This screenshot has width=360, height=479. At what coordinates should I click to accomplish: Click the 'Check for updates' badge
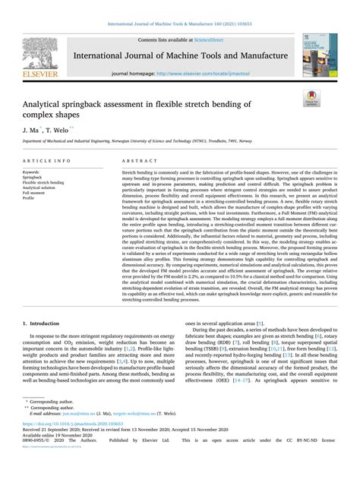[311, 96]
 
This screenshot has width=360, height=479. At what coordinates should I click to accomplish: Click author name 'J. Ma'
[30, 131]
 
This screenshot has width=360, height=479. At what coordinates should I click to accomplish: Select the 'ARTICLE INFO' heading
[47, 162]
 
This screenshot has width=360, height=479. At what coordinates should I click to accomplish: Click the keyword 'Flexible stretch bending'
[43, 183]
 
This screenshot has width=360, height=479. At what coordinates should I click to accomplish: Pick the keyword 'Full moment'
[34, 194]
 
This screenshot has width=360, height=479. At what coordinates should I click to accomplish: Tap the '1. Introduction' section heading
[46, 323]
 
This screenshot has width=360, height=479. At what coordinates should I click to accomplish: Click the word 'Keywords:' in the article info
[32, 172]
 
